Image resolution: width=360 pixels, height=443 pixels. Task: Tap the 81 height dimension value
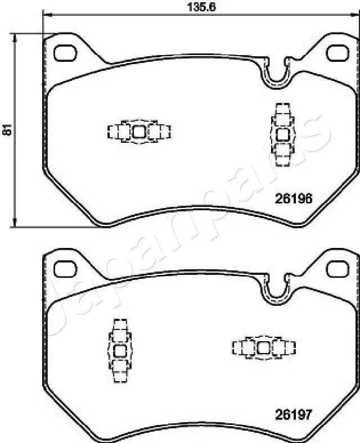[7, 130]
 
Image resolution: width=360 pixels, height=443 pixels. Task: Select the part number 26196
[293, 198]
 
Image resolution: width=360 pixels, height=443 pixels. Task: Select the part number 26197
[293, 415]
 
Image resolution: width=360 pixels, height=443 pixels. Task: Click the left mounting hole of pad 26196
[65, 52]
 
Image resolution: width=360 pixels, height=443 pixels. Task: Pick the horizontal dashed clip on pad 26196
[139, 132]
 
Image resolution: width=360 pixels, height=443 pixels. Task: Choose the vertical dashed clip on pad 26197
[119, 351]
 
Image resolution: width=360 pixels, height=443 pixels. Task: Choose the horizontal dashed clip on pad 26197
[264, 348]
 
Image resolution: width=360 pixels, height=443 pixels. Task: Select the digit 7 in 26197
[308, 415]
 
